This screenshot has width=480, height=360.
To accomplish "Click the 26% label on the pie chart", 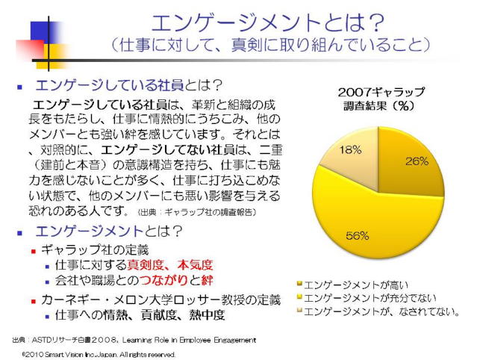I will click(417, 161).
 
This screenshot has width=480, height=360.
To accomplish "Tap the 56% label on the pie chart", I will click(357, 235).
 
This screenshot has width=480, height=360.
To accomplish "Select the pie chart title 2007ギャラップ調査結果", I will click(381, 98).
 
